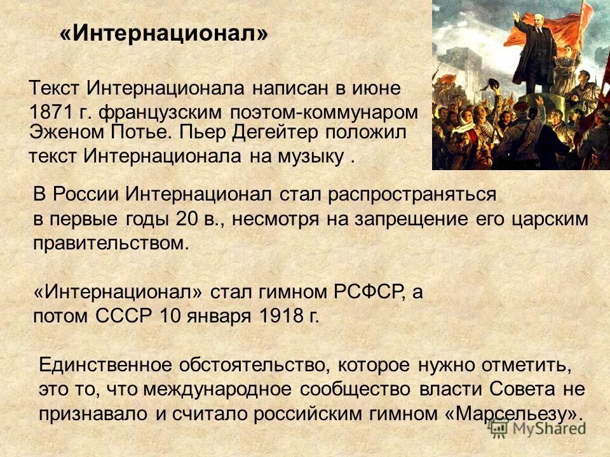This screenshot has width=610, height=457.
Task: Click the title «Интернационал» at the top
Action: pyautogui.click(x=164, y=34)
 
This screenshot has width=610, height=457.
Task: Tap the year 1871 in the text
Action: pyautogui.click(x=51, y=112)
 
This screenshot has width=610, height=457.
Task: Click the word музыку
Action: pyautogui.click(x=308, y=156)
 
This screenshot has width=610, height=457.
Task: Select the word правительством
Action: pyautogui.click(x=111, y=243)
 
